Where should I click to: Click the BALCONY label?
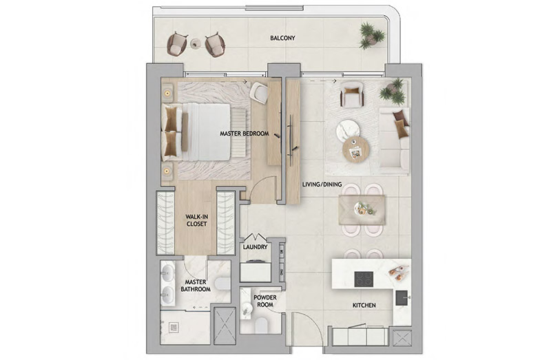282,38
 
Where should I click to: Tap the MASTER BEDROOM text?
245,134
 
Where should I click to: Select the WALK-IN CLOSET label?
196,220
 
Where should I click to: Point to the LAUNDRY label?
255,247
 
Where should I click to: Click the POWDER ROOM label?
265,301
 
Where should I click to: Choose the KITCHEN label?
364,306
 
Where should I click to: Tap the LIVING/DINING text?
322,184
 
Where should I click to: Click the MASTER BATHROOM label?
196,286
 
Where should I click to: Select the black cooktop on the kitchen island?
364,279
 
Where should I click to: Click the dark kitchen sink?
403,298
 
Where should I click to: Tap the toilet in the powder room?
262,325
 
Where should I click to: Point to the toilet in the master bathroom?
222,284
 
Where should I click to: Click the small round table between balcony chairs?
196,43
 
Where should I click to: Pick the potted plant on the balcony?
372,36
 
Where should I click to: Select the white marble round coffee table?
348,131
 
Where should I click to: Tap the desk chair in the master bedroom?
260,92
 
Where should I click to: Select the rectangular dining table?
362,210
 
